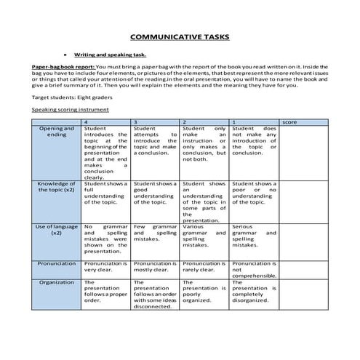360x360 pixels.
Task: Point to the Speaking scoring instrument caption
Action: (71, 109)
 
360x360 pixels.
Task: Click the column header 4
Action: (88, 121)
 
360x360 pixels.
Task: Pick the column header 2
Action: (185, 121)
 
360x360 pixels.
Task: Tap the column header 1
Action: (233, 121)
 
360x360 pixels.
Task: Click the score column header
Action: (289, 121)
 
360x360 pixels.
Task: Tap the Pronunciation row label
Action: (57, 263)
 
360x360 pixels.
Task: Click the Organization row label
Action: (57, 281)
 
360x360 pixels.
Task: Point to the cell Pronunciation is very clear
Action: (105, 266)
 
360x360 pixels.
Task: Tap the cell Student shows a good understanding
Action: (155, 193)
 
